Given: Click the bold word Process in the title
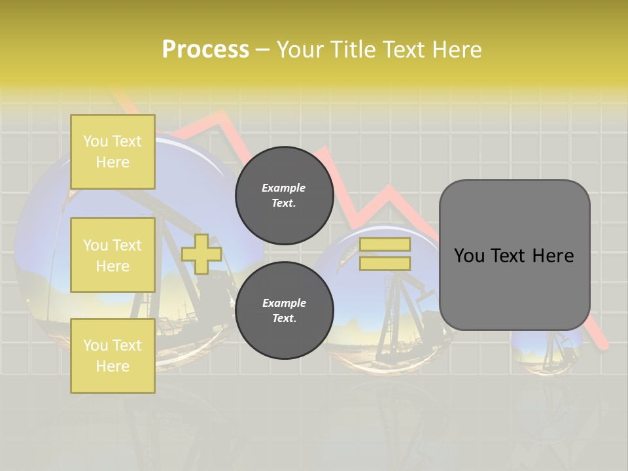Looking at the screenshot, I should point(205,50).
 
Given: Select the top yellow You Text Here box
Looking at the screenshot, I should point(113,152).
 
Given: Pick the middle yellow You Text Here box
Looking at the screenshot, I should point(113,255).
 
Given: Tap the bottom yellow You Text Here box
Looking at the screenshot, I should point(113,356).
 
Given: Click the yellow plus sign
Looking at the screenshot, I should point(201,254).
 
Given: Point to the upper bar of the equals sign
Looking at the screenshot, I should point(385,245).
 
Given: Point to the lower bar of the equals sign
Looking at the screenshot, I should point(385,263).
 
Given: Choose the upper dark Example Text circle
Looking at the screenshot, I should point(284,195).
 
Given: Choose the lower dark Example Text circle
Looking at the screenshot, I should point(284,310).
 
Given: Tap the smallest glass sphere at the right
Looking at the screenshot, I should point(548,350).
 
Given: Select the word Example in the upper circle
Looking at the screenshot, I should point(284,188).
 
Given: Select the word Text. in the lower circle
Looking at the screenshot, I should point(284,319).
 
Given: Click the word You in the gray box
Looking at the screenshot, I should point(469,256).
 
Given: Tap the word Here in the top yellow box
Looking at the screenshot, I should point(113,162).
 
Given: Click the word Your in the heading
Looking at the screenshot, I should point(300,50).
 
